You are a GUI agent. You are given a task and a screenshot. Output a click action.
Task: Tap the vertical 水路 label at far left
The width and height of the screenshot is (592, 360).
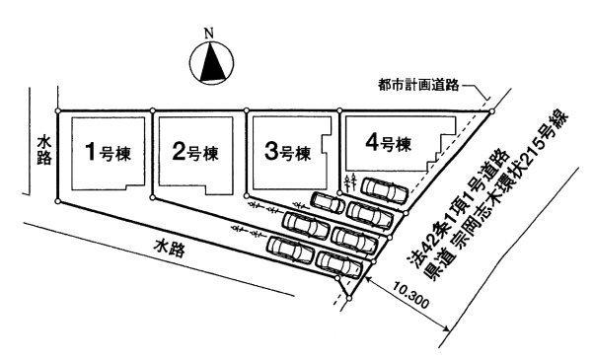(42, 150)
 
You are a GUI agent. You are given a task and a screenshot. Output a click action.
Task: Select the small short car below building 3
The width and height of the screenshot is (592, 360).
(328, 202)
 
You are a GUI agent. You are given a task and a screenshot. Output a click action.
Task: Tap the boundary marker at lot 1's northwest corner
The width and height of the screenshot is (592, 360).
(59, 110)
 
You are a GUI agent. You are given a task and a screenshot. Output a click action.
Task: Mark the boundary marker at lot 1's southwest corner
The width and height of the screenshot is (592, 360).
(59, 202)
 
